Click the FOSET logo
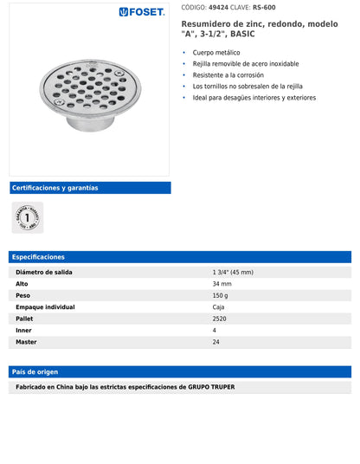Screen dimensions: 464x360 pyautogui.click(x=143, y=12)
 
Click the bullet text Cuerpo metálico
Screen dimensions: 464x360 pyautogui.click(x=217, y=53)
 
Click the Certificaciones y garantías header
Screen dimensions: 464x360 pyautogui.click(x=55, y=188)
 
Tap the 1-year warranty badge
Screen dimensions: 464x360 pyautogui.click(x=27, y=217)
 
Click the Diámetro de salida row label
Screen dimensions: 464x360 pyautogui.click(x=44, y=272)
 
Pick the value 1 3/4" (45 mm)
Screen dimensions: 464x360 pyautogui.click(x=232, y=272)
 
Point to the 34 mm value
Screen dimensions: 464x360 pyautogui.click(x=222, y=284)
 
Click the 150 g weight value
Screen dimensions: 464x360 pyautogui.click(x=221, y=295)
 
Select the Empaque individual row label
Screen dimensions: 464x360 pyautogui.click(x=45, y=307)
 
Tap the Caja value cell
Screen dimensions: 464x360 pyautogui.click(x=219, y=307)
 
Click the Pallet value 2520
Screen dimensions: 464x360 pyautogui.click(x=220, y=319)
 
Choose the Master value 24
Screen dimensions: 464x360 pyautogui.click(x=216, y=342)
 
